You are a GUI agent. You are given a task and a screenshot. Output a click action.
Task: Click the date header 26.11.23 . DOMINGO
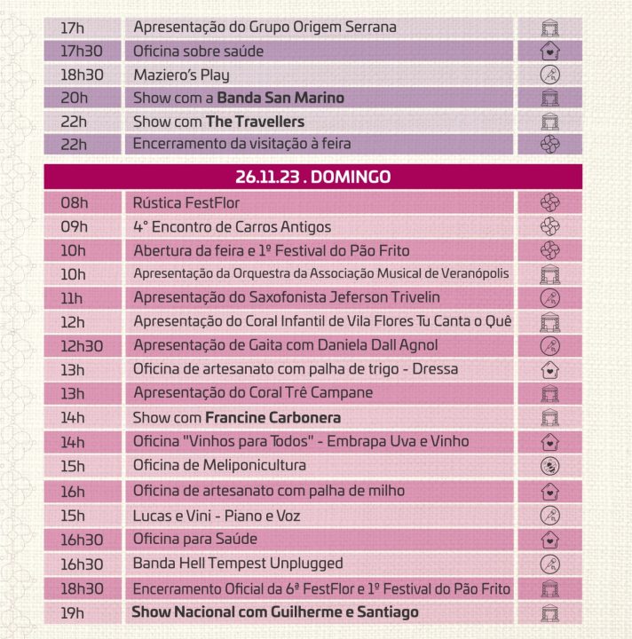click(x=313, y=177)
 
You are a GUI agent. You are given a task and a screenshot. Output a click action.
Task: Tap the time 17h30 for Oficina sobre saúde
click(x=82, y=51)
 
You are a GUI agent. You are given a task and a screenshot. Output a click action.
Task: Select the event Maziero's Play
click(x=181, y=75)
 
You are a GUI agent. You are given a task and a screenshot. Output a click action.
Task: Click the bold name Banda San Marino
click(x=280, y=99)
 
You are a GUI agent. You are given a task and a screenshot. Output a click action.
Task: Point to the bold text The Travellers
click(x=255, y=122)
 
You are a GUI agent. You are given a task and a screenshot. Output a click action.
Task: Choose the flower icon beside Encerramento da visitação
click(x=549, y=145)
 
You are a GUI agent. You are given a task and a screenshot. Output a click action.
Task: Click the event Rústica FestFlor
click(x=186, y=203)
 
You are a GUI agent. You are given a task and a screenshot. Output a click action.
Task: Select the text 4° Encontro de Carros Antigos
click(x=233, y=227)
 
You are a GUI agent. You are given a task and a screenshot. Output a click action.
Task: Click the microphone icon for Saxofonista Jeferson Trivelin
click(x=549, y=298)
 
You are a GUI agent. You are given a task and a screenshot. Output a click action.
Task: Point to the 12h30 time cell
click(x=82, y=346)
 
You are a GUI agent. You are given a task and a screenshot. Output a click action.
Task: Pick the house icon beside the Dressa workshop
click(x=549, y=370)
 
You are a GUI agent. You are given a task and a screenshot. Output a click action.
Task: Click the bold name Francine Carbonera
click(x=273, y=418)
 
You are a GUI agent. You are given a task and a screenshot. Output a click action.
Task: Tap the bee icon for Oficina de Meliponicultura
click(x=549, y=466)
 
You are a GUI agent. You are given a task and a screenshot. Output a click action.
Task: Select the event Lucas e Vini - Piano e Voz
click(x=217, y=516)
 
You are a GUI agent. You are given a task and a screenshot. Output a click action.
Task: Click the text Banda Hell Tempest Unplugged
click(x=238, y=564)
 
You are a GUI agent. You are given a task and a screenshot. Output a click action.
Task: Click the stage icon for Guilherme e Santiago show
click(x=549, y=613)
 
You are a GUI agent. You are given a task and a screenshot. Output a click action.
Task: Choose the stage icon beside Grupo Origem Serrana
click(x=549, y=28)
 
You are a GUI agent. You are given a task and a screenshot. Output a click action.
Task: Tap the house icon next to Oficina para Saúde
click(x=549, y=540)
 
